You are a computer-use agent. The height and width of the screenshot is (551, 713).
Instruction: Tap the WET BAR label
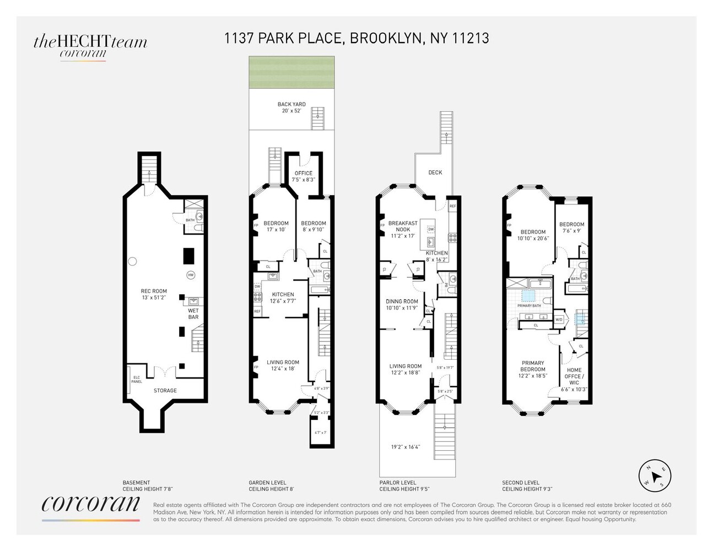[x=193, y=314]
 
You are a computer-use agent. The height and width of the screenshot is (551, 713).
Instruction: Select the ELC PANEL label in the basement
[x=136, y=379]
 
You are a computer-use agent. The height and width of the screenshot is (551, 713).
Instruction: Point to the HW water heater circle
[x=191, y=275]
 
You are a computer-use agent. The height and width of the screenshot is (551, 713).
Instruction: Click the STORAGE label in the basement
[x=165, y=391]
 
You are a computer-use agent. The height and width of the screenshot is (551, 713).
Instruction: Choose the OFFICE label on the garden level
[x=303, y=173]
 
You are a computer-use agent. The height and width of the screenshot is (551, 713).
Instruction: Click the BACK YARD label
[x=291, y=104]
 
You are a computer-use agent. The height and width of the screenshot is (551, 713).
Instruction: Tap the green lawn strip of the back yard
[x=291, y=72]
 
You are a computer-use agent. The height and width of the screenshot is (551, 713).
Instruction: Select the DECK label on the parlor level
[x=435, y=172]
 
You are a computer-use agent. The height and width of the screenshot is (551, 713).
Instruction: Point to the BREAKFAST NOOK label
[x=403, y=226]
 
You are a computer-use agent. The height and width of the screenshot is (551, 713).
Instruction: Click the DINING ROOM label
[x=402, y=301]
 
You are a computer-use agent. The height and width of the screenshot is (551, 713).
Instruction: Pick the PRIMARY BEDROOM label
[x=533, y=366]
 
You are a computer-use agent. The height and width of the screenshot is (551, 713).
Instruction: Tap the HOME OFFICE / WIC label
[x=574, y=376]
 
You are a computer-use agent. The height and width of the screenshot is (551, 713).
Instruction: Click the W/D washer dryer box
[x=559, y=320]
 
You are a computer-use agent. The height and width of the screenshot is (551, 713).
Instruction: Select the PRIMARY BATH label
[x=529, y=306]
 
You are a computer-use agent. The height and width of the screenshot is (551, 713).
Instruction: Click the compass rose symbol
[x=655, y=476]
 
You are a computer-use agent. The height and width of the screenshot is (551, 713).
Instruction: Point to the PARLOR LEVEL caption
[x=398, y=483]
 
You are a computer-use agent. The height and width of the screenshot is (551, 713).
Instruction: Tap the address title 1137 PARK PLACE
[x=356, y=38]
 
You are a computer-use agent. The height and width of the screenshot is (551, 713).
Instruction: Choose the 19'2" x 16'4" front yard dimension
[x=406, y=447]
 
